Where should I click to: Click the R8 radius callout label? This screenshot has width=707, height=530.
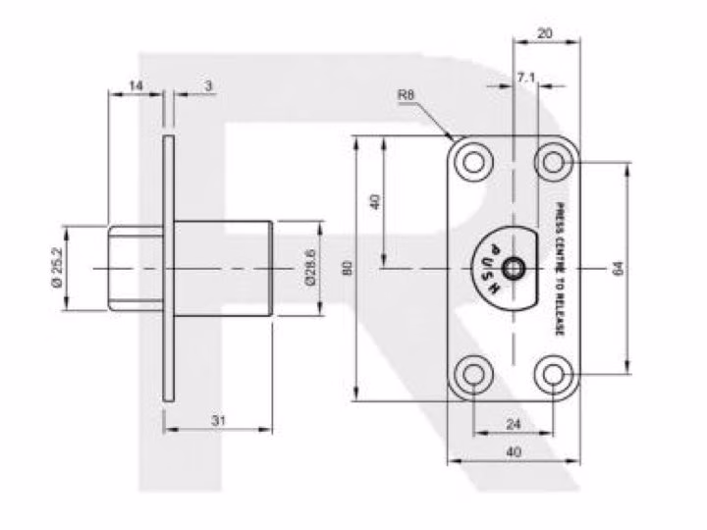coord(406,95)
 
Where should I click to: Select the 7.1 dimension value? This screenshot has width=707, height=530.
coord(525,78)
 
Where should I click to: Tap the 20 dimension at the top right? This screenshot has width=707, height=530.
coord(545,33)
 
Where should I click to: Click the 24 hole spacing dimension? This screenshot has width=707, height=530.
coord(514,424)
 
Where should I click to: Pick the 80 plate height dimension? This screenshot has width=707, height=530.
coord(348,269)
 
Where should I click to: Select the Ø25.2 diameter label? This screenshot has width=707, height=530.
coord(57,268)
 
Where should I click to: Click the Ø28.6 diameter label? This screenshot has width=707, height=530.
coord(309,268)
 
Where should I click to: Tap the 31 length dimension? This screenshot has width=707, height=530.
coord(218,421)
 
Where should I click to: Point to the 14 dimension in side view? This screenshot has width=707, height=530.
coord(136,85)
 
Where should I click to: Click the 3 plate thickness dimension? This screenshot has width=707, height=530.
coord(208,85)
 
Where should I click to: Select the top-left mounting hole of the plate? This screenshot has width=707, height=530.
coord(473,162)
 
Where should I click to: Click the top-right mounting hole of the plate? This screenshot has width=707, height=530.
coord(554,162)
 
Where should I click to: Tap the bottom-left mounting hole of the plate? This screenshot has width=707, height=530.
coord(473,374)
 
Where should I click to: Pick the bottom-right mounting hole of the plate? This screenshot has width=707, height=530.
coord(554,374)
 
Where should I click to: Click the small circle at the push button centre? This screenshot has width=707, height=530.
coord(513,269)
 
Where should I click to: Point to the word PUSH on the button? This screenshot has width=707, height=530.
coord(491,270)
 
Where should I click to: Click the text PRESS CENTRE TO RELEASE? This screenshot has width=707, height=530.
coord(560,269)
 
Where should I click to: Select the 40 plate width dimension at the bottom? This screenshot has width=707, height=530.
coord(514,451)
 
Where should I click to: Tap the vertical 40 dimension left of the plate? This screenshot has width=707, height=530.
coord(375,201)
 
